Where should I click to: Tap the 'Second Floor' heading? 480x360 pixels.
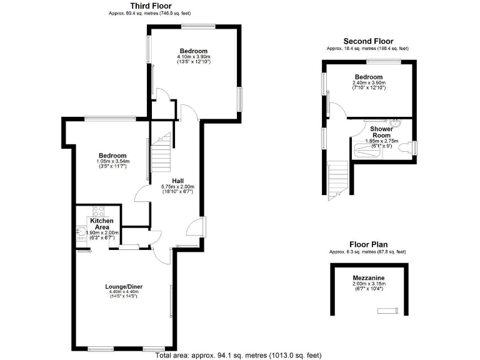coord(367,41)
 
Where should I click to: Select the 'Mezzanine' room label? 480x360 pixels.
coord(368,277)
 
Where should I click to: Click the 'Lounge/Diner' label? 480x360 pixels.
coord(123,286)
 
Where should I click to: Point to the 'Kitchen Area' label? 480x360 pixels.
coord(102,224)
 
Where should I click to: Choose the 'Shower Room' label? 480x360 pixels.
coord(381,132)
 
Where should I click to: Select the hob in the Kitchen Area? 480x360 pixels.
coord(98,211)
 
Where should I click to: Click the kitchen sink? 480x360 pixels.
coord(81,232)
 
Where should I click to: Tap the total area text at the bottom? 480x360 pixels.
coord(238,355)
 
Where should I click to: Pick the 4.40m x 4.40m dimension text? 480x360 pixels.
coord(123,292)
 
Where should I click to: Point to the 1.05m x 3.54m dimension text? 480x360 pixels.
coord(113,161)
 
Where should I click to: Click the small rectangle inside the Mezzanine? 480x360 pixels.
coord(387,311)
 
